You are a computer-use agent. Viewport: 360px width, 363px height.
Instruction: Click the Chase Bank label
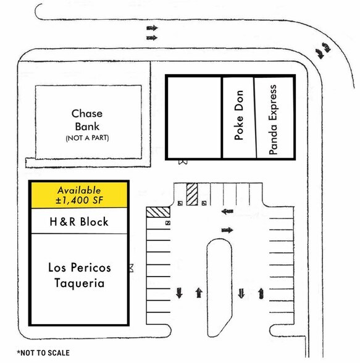pos(87,120)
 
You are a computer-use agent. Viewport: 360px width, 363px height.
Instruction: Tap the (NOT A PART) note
pos(87,138)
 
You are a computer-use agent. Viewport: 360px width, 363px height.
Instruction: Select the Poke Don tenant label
pos(239,115)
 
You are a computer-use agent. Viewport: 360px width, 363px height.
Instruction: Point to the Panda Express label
pos(273,120)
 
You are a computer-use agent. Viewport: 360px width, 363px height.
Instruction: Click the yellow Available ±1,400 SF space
pos(79,195)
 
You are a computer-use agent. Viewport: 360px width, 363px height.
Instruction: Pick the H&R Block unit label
pos(79,222)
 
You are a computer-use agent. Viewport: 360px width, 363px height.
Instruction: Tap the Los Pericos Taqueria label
pos(80,275)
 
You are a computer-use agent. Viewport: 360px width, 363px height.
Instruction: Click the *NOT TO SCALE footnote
pos(43,353)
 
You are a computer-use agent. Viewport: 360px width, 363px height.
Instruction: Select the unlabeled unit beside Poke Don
pos(194,117)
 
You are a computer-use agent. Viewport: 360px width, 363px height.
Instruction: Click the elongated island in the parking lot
pos(219,288)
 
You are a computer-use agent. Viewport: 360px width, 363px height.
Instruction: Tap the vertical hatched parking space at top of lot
pos(192,194)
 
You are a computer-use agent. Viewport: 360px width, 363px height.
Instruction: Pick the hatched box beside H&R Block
pos(158,212)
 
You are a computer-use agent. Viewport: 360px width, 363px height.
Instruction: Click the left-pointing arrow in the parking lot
pos(227,211)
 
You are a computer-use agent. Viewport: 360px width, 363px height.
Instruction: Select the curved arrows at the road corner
pos(323,50)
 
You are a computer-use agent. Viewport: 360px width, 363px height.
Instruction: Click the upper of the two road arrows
pos(152,28)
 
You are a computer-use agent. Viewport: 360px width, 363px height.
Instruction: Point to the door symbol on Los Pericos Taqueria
pos(132,268)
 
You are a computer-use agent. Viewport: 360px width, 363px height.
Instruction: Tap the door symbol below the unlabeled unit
pos(183,162)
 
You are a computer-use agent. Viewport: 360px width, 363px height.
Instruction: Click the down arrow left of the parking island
pos(179,293)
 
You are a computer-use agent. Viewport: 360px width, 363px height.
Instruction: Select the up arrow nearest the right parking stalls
pos(261,293)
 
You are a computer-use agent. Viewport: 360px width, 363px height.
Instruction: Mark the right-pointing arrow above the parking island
pos(227,230)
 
